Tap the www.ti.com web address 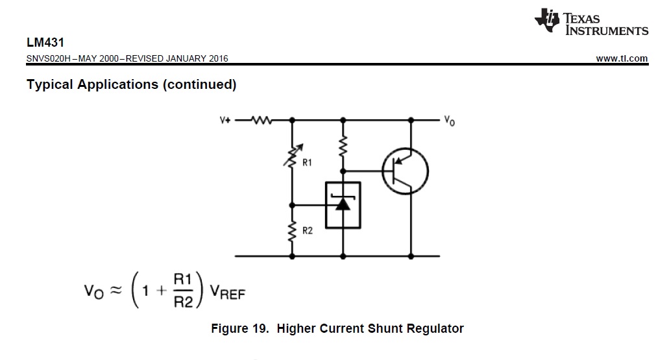[621, 58]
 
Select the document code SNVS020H [49, 58]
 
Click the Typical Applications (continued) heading [131, 85]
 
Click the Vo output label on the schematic [449, 121]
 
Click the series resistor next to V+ [262, 120]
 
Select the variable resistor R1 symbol [291, 154]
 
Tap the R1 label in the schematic [307, 163]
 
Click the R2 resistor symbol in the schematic [291, 230]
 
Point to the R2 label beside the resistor [307, 231]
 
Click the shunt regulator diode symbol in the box [343, 204]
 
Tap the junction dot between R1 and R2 [291, 204]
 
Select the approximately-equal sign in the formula [114, 291]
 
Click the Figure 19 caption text [337, 328]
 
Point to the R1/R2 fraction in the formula [182, 291]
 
